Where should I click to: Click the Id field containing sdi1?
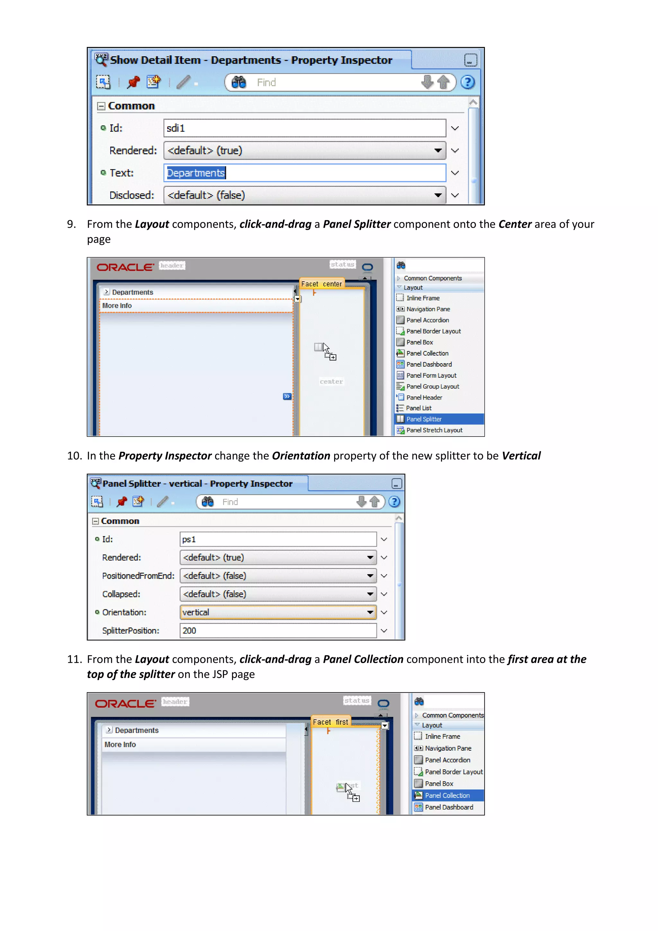[305, 128]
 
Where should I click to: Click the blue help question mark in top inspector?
[467, 82]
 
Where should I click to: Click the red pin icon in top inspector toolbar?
[133, 82]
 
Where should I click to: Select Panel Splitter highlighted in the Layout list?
[424, 419]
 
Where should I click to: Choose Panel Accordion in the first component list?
[427, 320]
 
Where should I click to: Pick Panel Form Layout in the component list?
[431, 375]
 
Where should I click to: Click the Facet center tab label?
[321, 284]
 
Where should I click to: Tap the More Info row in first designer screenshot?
[117, 306]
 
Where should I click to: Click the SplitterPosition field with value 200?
[278, 630]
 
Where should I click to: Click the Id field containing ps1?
[278, 539]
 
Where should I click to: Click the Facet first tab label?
[330, 722]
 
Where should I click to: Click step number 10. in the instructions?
[75, 456]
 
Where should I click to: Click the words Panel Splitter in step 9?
[357, 224]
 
